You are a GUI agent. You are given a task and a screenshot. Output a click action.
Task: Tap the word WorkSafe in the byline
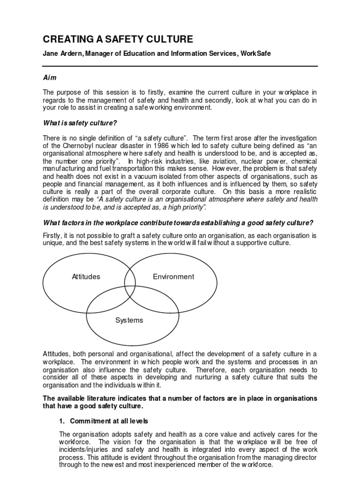tap(255, 54)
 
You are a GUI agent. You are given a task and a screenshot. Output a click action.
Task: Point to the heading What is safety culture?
tap(80, 123)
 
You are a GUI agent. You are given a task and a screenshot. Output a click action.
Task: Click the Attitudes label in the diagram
tap(86, 277)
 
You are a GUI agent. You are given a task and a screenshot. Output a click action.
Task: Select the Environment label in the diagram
tap(173, 277)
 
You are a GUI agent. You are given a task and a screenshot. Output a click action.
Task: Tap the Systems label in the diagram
tap(129, 321)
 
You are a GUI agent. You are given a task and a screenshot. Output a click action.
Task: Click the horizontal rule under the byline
tap(180, 66)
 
